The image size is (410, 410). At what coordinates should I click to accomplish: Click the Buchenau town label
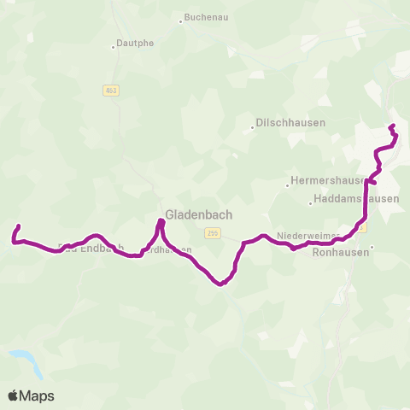206,18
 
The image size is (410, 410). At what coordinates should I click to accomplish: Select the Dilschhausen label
291,123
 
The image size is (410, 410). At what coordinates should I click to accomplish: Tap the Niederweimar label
307,234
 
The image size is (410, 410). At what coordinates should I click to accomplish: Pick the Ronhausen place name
341,252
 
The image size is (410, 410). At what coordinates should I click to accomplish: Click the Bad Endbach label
91,249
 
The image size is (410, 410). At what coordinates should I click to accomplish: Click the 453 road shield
111,90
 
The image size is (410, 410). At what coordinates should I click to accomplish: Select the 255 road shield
213,232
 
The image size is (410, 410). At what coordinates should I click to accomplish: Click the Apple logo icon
13,395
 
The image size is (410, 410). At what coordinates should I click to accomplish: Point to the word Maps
38,395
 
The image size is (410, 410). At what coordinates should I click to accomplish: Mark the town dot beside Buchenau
181,19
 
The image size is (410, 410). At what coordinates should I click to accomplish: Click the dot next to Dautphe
113,47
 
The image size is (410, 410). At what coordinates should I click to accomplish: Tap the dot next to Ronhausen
372,248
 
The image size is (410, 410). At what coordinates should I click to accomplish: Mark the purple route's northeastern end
391,126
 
